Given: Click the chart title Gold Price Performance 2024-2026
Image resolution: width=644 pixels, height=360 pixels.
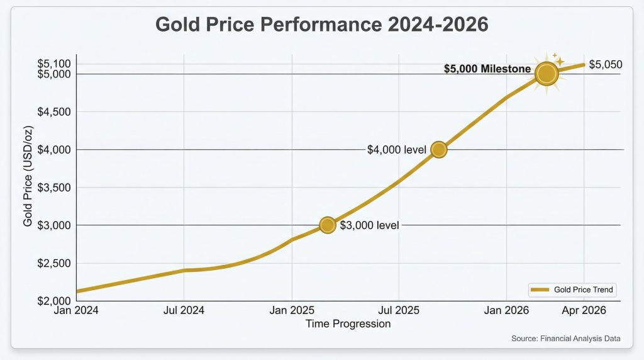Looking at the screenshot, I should coord(321,25).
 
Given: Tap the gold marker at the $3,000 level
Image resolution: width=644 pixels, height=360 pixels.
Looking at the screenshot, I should coord(327,225).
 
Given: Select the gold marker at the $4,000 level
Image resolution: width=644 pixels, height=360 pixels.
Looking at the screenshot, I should coord(439,149).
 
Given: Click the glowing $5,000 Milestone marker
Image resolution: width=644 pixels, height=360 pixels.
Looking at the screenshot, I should coord(547,74).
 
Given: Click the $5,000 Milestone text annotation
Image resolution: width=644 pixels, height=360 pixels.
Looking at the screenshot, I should coord(487,69).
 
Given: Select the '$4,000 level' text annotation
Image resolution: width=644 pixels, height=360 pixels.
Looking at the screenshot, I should coord(397,150).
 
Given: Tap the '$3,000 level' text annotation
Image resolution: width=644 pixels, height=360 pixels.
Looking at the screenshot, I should coord(369,225).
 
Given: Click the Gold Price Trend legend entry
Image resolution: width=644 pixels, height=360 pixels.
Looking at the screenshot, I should coord(572,290).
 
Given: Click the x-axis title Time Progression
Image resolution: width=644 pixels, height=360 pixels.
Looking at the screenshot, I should coord(348,324).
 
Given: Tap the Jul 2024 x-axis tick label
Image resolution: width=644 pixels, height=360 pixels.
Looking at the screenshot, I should coord(184,310).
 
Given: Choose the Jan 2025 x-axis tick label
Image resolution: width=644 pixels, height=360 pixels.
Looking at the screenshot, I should coord(291,310).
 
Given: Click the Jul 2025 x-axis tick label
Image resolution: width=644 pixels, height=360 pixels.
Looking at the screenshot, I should coord(399,310).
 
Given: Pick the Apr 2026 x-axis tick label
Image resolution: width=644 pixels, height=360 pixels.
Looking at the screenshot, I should coord(584,310).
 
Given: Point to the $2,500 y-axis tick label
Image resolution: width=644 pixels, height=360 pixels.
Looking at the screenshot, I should coord(53,263).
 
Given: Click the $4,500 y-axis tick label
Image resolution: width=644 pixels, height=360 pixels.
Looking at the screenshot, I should coord(53,112).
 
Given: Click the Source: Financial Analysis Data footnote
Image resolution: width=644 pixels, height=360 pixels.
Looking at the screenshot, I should coord(566,339).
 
